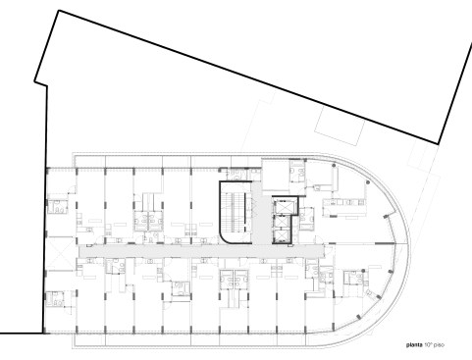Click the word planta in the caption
coord(414,345)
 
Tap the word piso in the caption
coord(440,345)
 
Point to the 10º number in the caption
coord(428,345)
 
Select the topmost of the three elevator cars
coord(280,207)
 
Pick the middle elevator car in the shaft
coord(280,222)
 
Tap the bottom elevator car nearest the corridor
coord(280,235)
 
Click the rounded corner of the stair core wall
coord(224,238)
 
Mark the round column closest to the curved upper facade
coord(368,182)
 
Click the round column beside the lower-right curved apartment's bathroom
coord(363,271)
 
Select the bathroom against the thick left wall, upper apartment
coord(58,207)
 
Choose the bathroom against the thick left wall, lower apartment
coord(55,299)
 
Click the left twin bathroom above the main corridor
coord(141,222)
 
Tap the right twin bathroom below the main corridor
coord(241,280)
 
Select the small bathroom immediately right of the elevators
coord(306,219)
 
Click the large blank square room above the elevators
coord(276,175)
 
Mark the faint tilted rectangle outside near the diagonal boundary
coord(340,125)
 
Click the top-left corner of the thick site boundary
coord(59,11)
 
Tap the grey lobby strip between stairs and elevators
coord(261,216)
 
